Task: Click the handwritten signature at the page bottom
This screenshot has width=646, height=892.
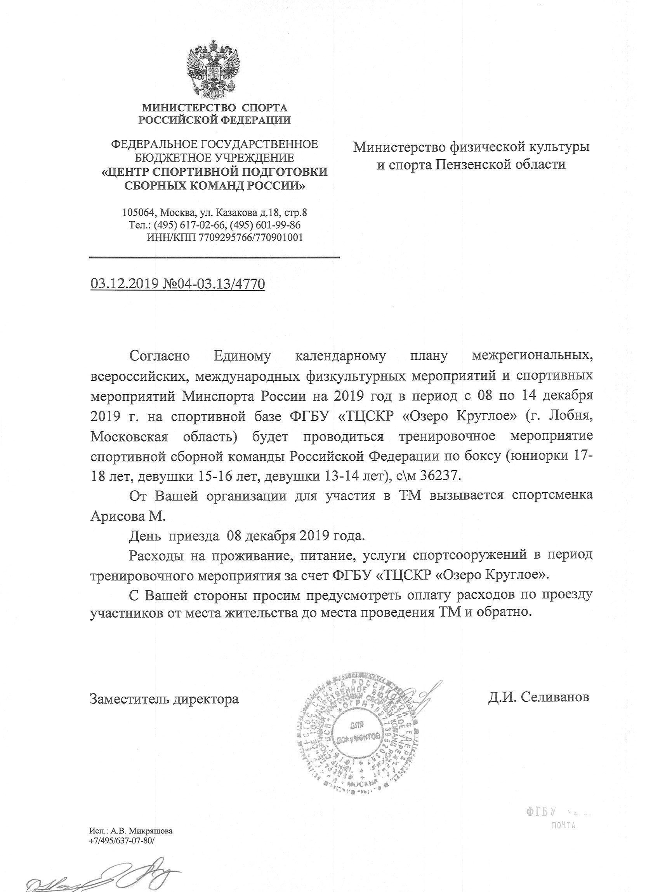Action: point(102,875)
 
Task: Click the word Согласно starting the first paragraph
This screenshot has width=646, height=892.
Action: point(160,357)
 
